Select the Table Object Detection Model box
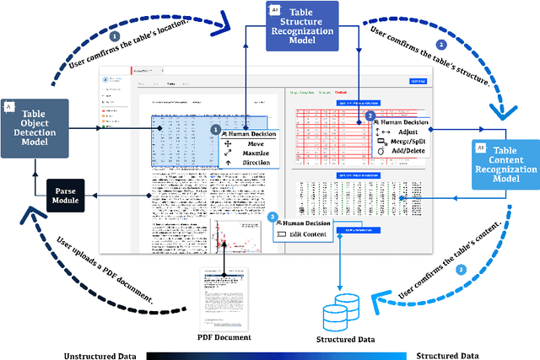(35, 128)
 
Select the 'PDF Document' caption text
(224, 336)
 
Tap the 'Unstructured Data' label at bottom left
(100, 355)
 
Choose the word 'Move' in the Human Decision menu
(256, 144)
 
